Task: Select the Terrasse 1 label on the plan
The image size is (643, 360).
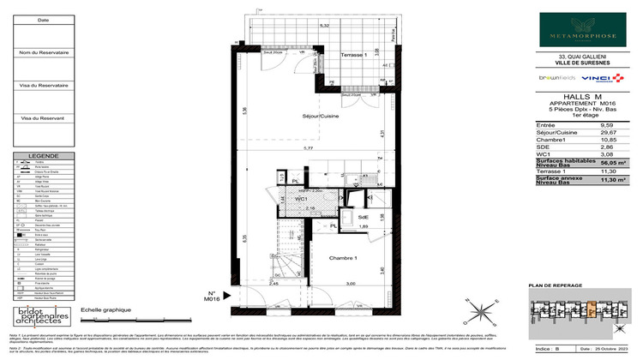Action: pyautogui.click(x=353, y=55)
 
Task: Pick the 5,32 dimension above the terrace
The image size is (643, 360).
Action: pyautogui.click(x=324, y=27)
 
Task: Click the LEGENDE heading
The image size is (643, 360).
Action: pyautogui.click(x=44, y=156)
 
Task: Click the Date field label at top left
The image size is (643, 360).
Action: pyautogui.click(x=44, y=20)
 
